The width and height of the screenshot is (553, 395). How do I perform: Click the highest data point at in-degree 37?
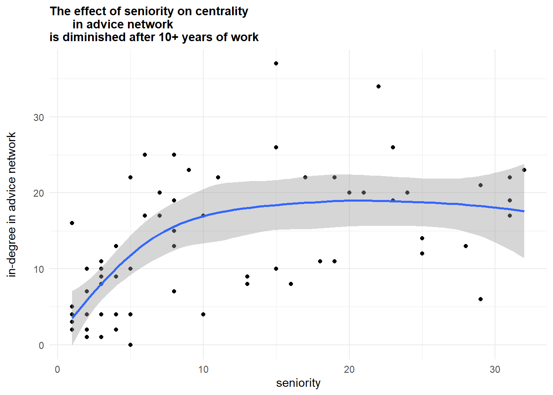point(276,63)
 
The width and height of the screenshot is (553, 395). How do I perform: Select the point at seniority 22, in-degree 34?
point(379,86)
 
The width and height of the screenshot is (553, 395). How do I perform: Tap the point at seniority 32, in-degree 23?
point(524,170)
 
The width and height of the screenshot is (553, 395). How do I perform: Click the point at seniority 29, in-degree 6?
point(481,299)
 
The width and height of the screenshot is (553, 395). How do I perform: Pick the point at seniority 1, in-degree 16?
point(72,223)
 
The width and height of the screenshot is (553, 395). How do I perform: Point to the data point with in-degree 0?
point(130,345)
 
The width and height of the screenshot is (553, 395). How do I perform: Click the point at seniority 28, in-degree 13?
point(466,246)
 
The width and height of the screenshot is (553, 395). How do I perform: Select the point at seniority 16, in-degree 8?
point(291,284)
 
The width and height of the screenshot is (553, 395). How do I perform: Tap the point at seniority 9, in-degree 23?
point(189,170)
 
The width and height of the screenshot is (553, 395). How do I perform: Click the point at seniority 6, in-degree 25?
point(145,155)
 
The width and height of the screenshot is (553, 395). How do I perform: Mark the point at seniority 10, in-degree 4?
point(203,314)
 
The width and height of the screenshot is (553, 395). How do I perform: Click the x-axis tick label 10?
point(203,369)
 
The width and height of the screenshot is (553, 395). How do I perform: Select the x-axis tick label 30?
point(495,369)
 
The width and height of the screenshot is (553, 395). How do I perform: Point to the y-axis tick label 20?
point(39,193)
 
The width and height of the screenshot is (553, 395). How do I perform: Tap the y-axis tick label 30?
point(39,117)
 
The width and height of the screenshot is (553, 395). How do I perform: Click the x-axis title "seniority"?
point(298,383)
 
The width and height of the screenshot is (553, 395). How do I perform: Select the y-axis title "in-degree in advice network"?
point(12,204)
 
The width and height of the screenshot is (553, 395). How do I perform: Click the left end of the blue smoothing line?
point(72,318)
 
